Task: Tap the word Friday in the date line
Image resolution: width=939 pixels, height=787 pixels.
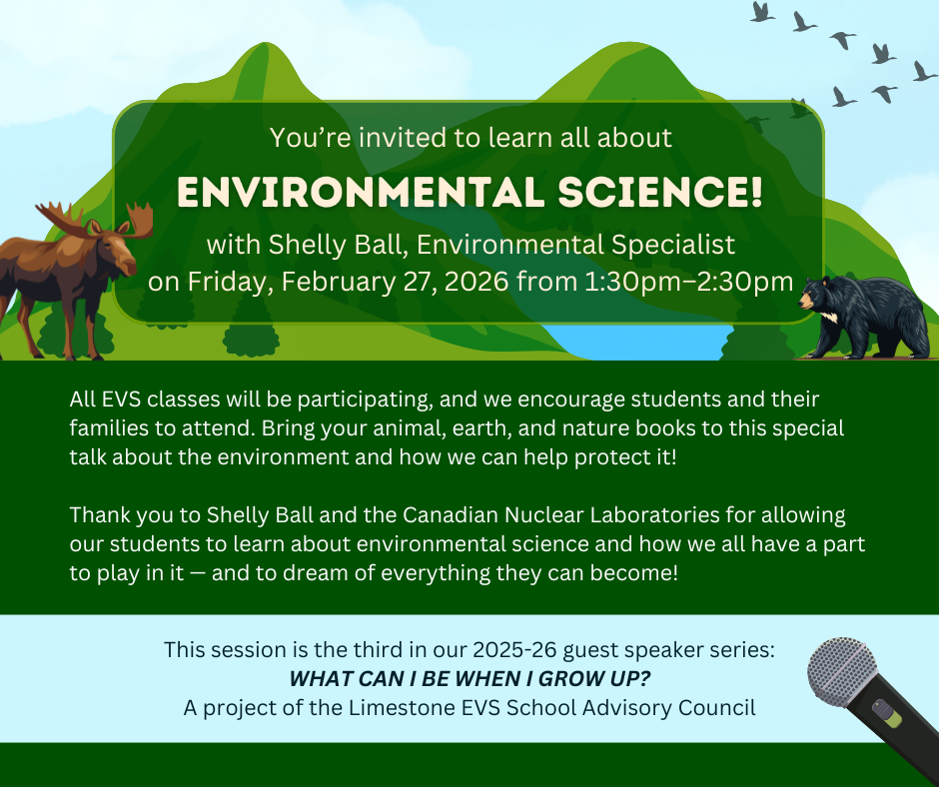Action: click(x=229, y=281)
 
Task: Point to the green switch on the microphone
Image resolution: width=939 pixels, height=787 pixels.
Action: click(x=887, y=713)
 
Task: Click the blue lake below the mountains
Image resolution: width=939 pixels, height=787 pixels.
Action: click(x=639, y=343)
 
